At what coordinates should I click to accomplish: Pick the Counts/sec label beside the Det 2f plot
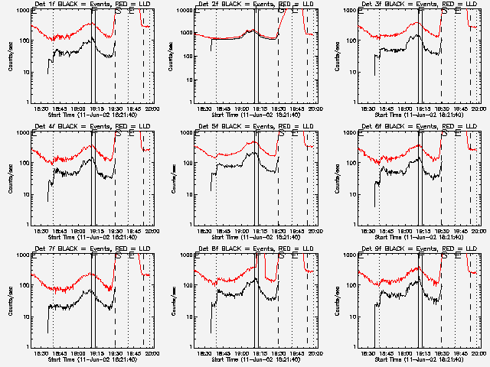173,57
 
